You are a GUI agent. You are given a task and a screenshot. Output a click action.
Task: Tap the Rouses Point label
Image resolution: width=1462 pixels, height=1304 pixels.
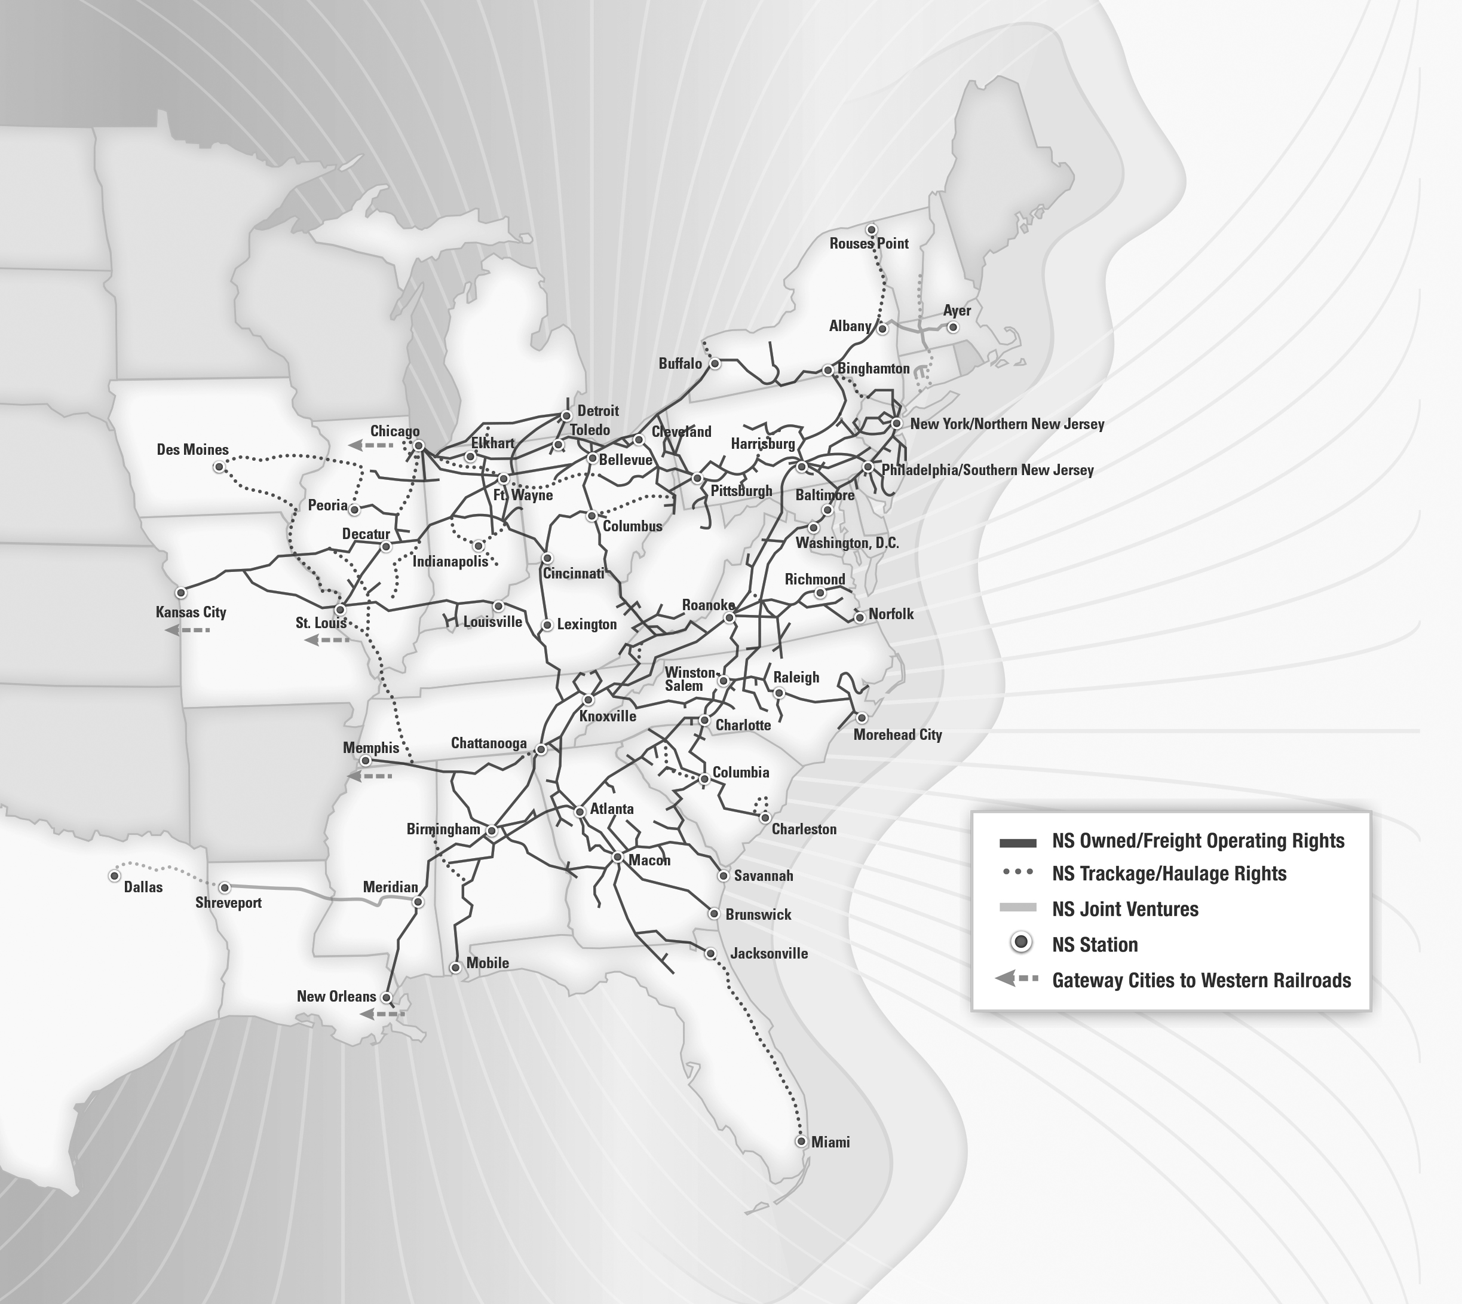click(x=868, y=244)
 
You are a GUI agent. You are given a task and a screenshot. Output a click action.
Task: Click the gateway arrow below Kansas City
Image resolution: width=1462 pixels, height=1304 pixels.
click(x=187, y=630)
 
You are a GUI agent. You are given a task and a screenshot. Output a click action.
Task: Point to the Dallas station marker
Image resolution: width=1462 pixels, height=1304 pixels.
click(x=115, y=876)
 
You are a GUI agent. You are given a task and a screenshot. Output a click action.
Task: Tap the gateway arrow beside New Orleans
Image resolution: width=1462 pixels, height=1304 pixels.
click(x=382, y=1014)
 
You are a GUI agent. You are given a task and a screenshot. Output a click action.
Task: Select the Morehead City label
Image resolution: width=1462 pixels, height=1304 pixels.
click(x=897, y=734)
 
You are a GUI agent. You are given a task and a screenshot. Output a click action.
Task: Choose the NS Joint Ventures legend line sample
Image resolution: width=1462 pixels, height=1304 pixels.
click(x=1017, y=908)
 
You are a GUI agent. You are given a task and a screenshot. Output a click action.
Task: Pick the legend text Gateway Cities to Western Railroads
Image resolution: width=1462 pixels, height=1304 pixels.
click(x=1200, y=980)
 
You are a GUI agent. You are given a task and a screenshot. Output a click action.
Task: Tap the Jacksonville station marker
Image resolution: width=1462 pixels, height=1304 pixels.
click(x=710, y=954)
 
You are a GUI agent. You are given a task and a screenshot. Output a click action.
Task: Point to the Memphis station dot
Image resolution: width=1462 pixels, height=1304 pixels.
click(x=365, y=761)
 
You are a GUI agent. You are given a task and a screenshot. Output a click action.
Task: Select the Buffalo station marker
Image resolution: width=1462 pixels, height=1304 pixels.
click(x=714, y=364)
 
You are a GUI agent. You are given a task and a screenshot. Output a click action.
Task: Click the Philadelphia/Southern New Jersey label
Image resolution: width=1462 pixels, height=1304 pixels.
click(x=986, y=470)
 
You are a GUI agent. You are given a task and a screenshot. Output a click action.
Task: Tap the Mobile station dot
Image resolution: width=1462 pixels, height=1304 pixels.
click(x=455, y=968)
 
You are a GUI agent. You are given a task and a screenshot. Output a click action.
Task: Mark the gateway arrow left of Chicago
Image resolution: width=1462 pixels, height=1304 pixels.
click(x=370, y=445)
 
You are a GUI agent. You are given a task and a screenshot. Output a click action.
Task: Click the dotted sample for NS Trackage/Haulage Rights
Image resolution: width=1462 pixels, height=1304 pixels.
click(x=1017, y=872)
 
